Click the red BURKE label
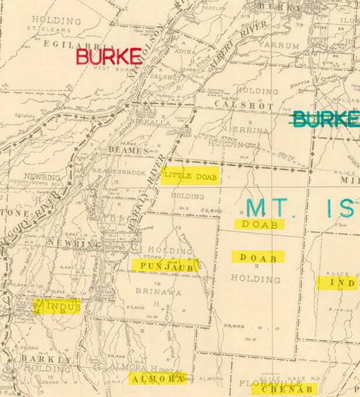[x=109, y=57]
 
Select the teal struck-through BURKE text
[x=325, y=119]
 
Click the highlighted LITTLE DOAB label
[x=190, y=176]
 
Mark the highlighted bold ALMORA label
[x=157, y=379]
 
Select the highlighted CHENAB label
[x=284, y=389]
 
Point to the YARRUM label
[x=279, y=44]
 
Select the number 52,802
[x=213, y=210]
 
